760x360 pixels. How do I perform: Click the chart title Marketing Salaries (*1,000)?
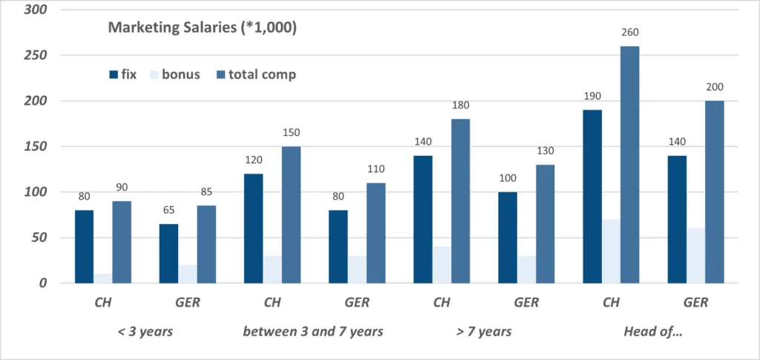(202, 27)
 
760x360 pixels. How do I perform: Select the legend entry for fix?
(122, 75)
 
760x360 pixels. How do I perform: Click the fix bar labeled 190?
(592, 197)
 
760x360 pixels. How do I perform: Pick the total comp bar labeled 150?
(291, 215)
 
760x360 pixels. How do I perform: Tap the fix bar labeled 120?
(254, 229)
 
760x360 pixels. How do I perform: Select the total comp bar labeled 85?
(206, 245)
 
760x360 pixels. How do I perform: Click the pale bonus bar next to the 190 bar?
(612, 252)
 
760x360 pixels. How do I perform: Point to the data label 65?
(168, 211)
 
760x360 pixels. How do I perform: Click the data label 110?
(376, 169)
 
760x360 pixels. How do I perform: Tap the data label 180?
(460, 105)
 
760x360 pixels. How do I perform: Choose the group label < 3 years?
(145, 332)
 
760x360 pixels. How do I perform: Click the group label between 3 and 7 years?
(313, 332)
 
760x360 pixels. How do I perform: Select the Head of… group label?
(653, 332)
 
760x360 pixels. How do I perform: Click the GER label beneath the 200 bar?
(695, 303)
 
